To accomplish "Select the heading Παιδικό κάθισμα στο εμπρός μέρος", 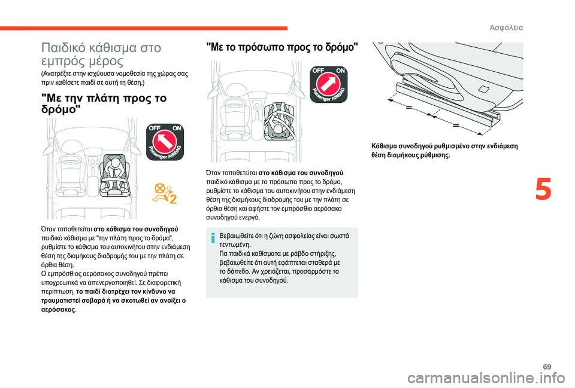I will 99,53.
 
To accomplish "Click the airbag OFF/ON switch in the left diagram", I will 165,142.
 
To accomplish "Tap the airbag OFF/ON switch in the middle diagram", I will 328,85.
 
